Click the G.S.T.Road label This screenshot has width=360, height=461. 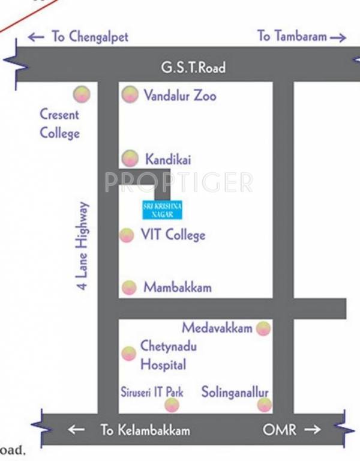tap(193, 67)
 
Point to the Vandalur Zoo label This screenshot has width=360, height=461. tap(179, 95)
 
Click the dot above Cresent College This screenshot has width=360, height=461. tap(80, 94)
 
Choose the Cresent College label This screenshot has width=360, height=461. tap(59, 123)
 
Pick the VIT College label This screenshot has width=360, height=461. tap(173, 235)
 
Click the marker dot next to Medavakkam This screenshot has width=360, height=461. tap(263, 328)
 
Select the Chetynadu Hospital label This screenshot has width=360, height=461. tap(163, 355)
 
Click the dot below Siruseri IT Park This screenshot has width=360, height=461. tap(172, 406)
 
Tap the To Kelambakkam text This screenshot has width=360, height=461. tap(145, 430)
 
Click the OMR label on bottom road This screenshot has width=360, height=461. tap(278, 430)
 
